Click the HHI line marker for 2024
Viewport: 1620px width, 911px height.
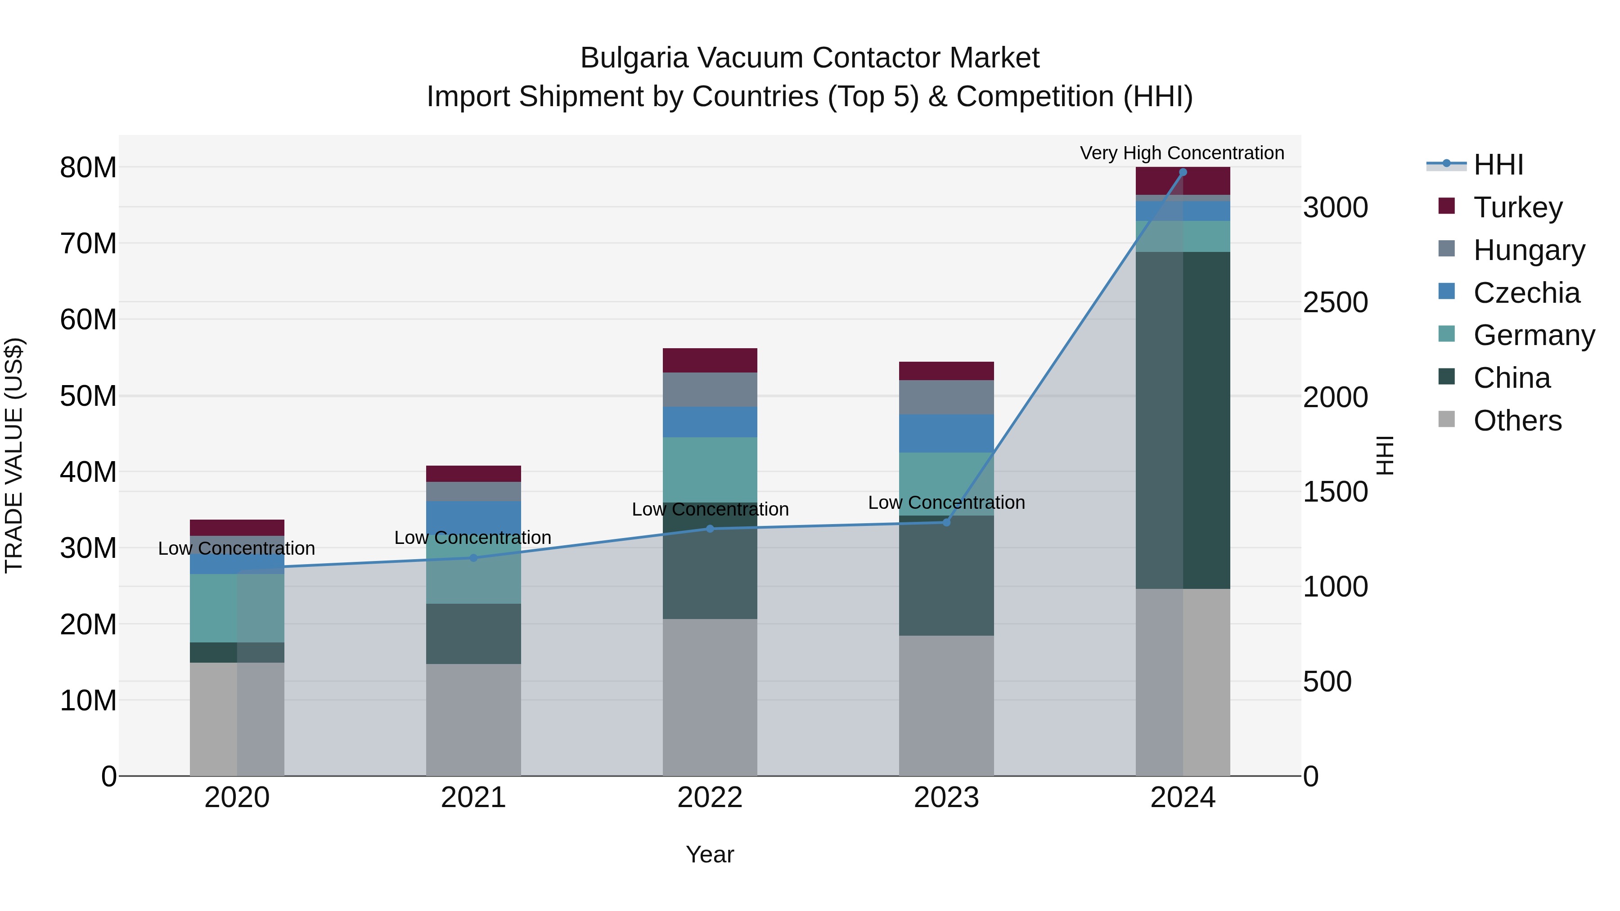tap(1182, 172)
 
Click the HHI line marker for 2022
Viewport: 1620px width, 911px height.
tap(710, 529)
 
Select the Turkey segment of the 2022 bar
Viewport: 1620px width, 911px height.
tap(710, 360)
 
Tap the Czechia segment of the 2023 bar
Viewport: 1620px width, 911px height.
tap(946, 433)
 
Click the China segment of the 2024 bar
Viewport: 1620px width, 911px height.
tap(1182, 420)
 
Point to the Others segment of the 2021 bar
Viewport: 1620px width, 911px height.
tap(473, 719)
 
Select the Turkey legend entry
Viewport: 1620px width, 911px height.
tap(1517, 207)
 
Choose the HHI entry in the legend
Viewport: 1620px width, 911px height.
tap(1498, 165)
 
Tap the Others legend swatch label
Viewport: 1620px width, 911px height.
tap(1517, 421)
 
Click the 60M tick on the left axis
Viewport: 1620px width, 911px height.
tap(88, 319)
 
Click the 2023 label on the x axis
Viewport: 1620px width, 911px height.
tap(946, 798)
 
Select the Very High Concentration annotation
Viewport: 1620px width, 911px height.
tap(1182, 153)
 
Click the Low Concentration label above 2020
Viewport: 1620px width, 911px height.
tap(236, 548)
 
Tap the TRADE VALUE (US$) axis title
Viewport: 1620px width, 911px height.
tap(14, 455)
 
